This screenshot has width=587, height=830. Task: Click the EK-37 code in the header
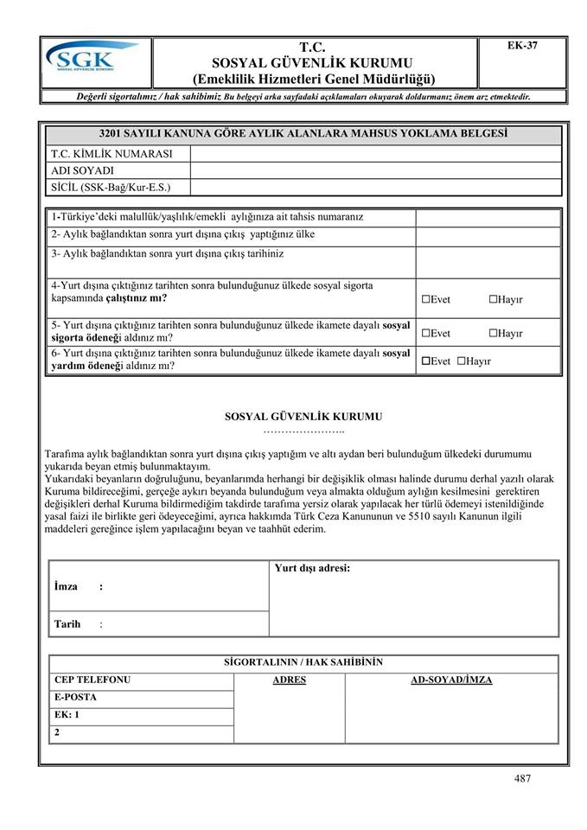pos(522,46)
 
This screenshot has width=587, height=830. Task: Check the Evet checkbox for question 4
pos(426,299)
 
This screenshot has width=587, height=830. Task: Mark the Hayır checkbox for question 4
pos(493,299)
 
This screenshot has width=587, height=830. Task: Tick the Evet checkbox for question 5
pos(426,333)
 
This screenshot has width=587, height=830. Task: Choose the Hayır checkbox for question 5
pos(493,333)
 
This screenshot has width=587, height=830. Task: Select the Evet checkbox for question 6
pos(426,361)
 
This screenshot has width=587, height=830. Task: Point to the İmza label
pos(66,586)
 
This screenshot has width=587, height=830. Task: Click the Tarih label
pos(67,623)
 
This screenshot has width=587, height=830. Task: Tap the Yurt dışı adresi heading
pos(311,568)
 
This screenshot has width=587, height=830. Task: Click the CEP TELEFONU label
pos(92,680)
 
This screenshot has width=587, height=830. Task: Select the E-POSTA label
pos(75,698)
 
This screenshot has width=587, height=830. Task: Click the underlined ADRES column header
pos(289,680)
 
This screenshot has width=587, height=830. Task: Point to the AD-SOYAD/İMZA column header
pos(450,680)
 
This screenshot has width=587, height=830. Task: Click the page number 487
pos(521,778)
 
